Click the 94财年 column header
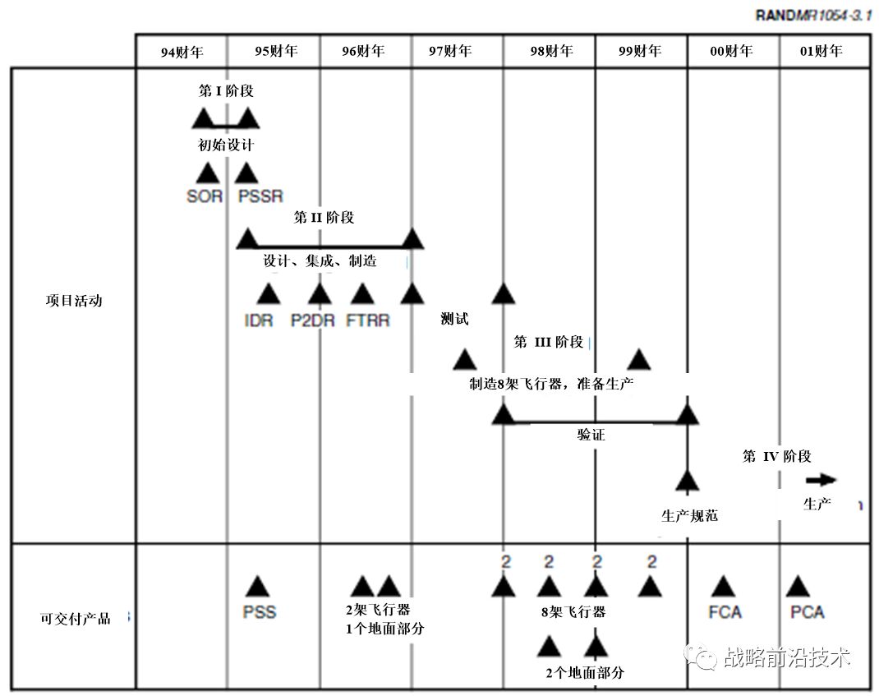(182, 52)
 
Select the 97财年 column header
(450, 51)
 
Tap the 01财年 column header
(821, 51)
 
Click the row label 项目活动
(74, 301)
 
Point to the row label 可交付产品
(75, 619)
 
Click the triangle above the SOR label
(206, 173)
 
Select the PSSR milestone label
(260, 197)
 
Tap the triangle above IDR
(268, 293)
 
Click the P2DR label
(313, 320)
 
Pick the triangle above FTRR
(361, 293)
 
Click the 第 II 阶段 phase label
(324, 218)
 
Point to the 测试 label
(454, 320)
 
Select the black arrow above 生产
(821, 481)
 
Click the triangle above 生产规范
(687, 481)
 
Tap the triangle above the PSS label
(257, 586)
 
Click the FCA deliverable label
(725, 612)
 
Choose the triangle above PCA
(797, 586)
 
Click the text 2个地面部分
(585, 673)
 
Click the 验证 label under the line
(591, 435)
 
